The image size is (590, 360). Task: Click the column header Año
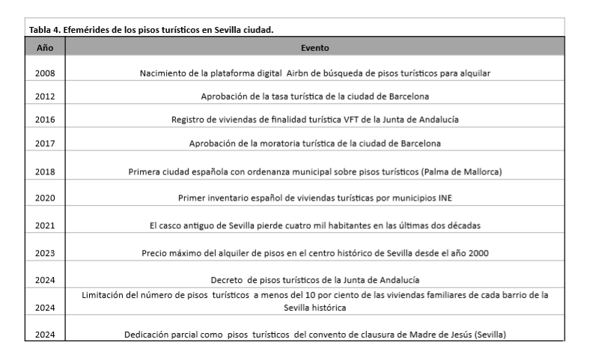pos(45,47)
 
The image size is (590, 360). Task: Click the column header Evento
pos(315,47)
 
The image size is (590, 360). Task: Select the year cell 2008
pos(45,73)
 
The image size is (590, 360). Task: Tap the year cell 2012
pos(45,97)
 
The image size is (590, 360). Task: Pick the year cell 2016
pos(45,120)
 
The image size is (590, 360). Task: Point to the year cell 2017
pos(45,143)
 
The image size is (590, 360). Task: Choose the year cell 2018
pos(45,171)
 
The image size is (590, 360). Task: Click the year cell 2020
pos(45,198)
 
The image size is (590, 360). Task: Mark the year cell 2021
pos(45,225)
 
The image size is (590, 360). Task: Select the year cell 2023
pos(45,253)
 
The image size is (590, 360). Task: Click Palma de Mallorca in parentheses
pos(463,171)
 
